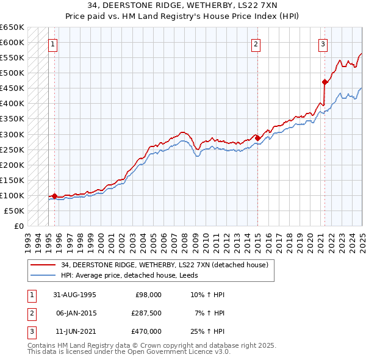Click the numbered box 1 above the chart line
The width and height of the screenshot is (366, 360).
(53, 43)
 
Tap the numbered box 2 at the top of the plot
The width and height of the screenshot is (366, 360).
(256, 43)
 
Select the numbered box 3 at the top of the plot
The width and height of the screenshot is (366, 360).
(322, 43)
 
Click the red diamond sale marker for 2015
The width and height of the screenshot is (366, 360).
(257, 138)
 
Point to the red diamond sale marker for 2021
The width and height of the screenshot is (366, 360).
(325, 82)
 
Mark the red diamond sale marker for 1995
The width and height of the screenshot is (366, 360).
(55, 196)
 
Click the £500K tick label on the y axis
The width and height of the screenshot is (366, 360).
(12, 73)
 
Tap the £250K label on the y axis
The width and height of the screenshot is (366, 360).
(12, 149)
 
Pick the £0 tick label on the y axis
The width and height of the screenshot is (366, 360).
(18, 226)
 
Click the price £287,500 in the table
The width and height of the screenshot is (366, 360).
(146, 313)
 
